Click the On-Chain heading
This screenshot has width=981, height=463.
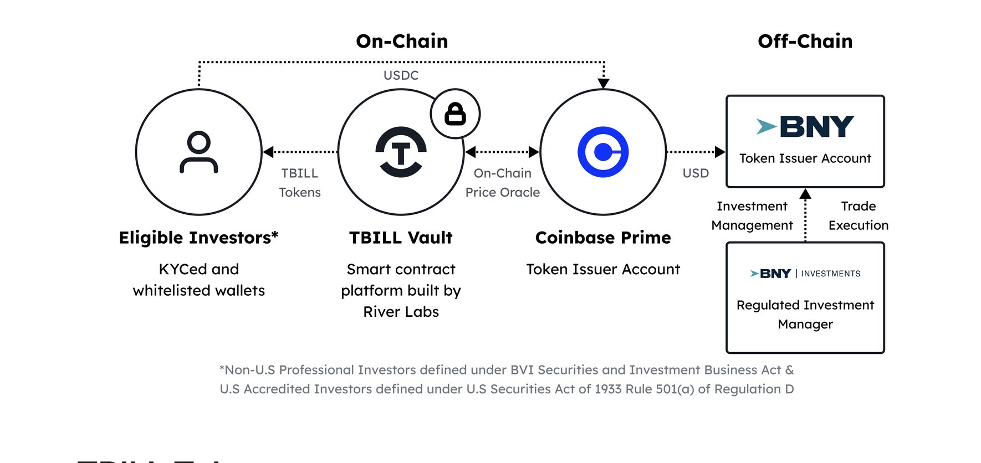point(402,41)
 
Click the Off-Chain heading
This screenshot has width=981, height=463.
point(805,41)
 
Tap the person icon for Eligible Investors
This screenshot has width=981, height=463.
point(199,152)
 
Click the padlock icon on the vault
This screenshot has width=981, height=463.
point(455,114)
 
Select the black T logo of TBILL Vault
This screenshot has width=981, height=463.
point(401,152)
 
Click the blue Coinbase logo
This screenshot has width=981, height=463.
point(603,152)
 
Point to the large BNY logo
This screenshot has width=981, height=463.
point(805,127)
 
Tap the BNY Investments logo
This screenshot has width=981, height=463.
point(805,274)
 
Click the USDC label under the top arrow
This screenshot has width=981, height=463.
point(401,75)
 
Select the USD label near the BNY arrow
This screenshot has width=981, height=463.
point(696,173)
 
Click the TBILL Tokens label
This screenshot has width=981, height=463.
point(300,183)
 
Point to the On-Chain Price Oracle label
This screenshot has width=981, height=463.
point(503,183)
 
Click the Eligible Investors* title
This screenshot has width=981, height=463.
point(198,238)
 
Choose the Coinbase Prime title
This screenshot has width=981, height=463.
point(603,238)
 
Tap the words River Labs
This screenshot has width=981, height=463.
point(401,312)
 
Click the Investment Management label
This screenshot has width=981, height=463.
point(752,215)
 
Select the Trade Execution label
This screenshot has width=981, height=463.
point(859,215)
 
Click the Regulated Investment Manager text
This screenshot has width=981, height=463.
point(805,315)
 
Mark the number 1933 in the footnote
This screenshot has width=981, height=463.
point(608,389)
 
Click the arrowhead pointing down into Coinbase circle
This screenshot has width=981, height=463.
point(604,84)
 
